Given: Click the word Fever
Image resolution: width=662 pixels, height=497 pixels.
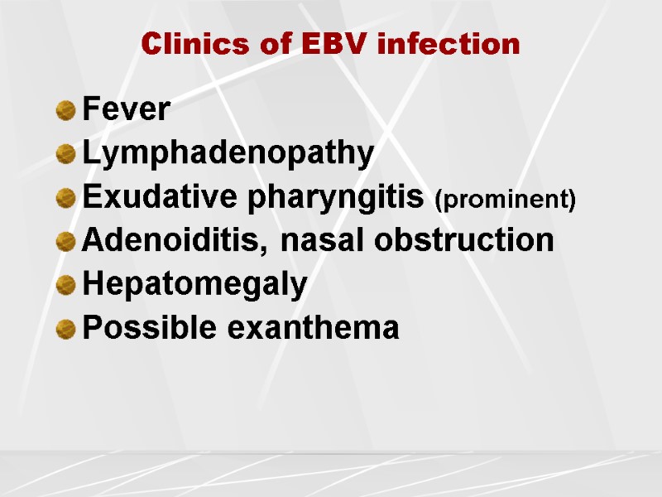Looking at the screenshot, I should [127, 109].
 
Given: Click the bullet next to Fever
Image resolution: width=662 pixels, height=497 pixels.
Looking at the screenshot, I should [66, 110].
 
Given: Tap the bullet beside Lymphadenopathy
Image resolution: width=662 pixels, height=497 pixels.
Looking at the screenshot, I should [66, 154].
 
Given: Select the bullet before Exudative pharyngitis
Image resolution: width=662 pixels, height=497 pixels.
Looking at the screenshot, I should [66, 199].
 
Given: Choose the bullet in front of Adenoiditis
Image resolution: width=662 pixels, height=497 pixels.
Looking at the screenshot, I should [66, 242].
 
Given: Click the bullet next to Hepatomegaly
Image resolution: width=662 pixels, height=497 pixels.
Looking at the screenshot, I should [66, 286].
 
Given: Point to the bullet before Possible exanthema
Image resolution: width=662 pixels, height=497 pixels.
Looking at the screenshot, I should [66, 330].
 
